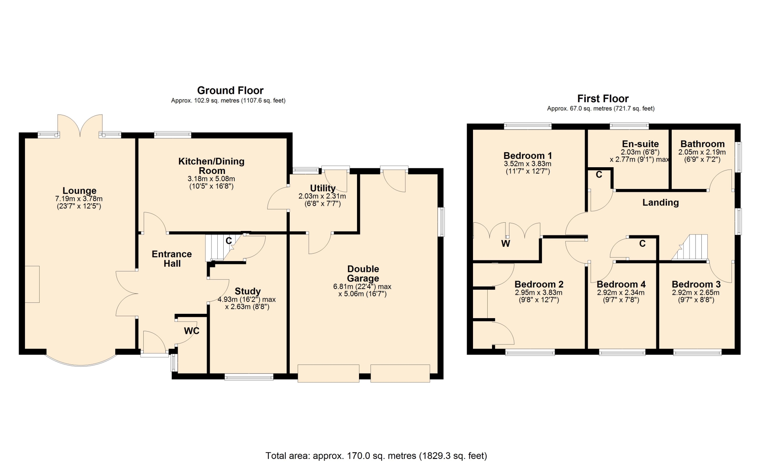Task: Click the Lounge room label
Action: click(79, 191)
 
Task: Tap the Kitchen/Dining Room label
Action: click(211, 166)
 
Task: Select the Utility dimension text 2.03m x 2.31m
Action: click(322, 196)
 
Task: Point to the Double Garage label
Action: click(363, 273)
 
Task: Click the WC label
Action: click(192, 331)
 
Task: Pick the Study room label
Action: click(247, 291)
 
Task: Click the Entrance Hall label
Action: click(172, 259)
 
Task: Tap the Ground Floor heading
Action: click(230, 90)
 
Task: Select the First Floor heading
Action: click(603, 98)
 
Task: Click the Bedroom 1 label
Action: click(528, 156)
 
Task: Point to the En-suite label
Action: click(640, 144)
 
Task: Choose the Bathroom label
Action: click(702, 144)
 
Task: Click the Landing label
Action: click(660, 202)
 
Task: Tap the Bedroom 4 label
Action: click(621, 284)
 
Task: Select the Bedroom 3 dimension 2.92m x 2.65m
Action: click(695, 293)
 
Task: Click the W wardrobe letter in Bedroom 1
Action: click(505, 244)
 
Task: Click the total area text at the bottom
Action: click(376, 456)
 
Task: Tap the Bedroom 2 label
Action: click(539, 284)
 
